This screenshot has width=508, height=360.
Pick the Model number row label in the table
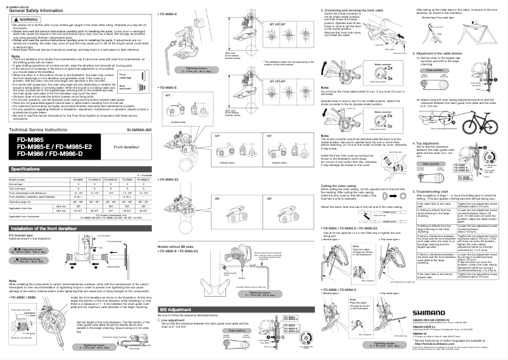click(18, 180)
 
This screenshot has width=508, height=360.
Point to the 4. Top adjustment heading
click(429, 143)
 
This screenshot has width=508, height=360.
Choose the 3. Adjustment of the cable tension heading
click(445, 54)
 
